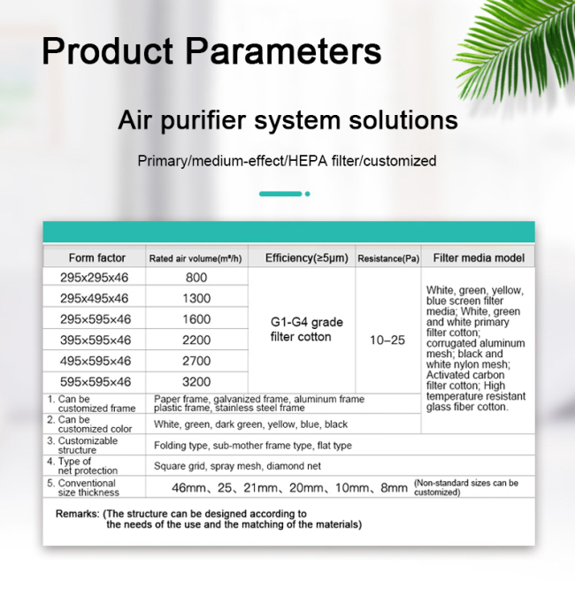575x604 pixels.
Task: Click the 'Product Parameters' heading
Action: click(211, 50)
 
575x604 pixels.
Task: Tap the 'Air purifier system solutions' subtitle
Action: click(287, 120)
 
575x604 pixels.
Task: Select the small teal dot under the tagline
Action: click(308, 194)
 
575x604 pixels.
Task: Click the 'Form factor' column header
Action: click(97, 257)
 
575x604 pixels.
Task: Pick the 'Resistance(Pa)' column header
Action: click(388, 258)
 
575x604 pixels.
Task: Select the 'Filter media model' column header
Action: click(479, 257)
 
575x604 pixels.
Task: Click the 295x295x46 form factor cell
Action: click(94, 278)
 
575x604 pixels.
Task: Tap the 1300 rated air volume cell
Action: click(196, 298)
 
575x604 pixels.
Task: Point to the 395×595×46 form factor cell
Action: click(96, 340)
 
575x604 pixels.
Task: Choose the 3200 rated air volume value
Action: click(196, 381)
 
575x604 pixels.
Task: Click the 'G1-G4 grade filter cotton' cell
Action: click(306, 329)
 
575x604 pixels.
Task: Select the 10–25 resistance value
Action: click(387, 340)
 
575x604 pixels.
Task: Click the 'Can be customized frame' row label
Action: click(91, 403)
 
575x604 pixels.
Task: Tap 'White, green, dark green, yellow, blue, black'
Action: click(250, 424)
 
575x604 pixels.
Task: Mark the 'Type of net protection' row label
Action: click(82, 466)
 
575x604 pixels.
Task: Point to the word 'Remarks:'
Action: click(78, 514)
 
